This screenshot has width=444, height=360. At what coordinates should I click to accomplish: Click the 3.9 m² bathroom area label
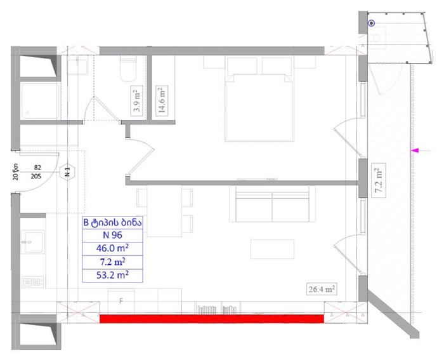(137, 100)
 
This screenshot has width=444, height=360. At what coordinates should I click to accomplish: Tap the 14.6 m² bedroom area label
(162, 100)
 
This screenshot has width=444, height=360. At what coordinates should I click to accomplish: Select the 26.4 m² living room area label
(322, 289)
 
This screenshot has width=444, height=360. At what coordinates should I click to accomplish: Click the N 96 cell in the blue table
(112, 235)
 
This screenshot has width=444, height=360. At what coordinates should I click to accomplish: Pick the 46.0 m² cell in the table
(112, 249)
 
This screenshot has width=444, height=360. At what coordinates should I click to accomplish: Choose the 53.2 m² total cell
(112, 276)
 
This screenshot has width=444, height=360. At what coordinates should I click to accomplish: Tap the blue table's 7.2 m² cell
(112, 262)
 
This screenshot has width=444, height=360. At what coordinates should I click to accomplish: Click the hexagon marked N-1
(67, 172)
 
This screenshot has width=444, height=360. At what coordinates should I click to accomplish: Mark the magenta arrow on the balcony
(421, 150)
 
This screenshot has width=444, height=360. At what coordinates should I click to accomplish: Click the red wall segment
(211, 319)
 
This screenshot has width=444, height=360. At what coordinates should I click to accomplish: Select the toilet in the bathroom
(128, 69)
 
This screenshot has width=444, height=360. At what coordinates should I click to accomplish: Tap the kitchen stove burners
(33, 282)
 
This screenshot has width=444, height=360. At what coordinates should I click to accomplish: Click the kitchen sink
(33, 242)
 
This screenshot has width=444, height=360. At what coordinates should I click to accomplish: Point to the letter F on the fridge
(121, 301)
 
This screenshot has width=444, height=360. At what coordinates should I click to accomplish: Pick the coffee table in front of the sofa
(272, 249)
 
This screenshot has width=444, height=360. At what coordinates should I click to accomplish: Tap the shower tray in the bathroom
(40, 101)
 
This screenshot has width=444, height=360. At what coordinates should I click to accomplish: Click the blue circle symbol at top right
(371, 23)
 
